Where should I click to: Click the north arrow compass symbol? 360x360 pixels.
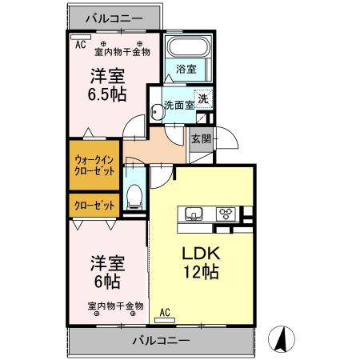[282, 338]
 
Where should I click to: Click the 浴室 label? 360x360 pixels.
[186, 69]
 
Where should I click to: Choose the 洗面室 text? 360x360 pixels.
[178, 104]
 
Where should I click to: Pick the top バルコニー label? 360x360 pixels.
[114, 16]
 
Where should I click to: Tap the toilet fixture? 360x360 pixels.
[135, 194]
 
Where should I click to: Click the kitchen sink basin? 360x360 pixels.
[194, 213]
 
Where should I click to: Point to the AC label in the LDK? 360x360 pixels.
[166, 312]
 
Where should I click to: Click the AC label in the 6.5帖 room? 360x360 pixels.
[80, 45]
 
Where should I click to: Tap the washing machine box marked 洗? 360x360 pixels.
[203, 100]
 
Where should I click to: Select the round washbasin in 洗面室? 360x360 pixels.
[157, 114]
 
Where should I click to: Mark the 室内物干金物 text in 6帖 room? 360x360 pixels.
[115, 306]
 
